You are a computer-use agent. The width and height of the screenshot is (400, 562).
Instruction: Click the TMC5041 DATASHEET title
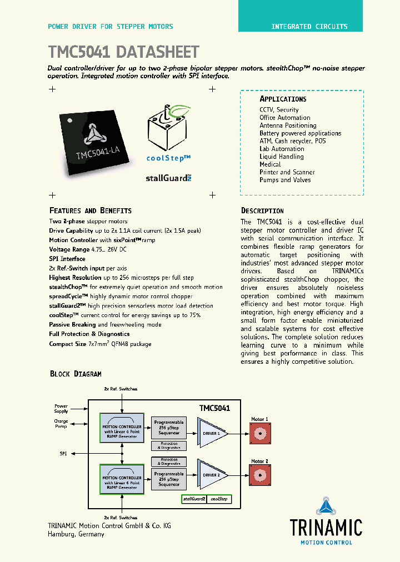coord(124,52)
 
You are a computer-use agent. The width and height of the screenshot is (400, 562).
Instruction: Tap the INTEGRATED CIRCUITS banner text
coord(309,27)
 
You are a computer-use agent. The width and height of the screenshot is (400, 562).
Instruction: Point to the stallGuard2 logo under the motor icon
coord(168,178)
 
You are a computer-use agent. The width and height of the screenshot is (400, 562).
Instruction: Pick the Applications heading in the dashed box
coord(283,99)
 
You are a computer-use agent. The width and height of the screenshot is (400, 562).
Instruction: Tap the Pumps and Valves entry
coord(285,180)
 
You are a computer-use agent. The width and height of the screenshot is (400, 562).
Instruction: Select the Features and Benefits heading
coord(91,211)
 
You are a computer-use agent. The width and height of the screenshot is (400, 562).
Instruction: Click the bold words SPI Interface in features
coord(67,259)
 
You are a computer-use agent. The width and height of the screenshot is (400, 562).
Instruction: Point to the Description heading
coord(262,211)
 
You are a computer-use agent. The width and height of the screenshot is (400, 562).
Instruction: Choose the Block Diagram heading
coord(76,374)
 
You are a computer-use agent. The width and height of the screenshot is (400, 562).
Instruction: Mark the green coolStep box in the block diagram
coord(219,499)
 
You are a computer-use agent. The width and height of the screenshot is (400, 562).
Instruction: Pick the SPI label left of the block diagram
coord(63,454)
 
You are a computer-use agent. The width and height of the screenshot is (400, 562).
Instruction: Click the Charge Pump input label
coord(61,423)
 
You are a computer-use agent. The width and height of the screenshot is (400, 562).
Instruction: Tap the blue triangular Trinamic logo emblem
coord(326,507)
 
